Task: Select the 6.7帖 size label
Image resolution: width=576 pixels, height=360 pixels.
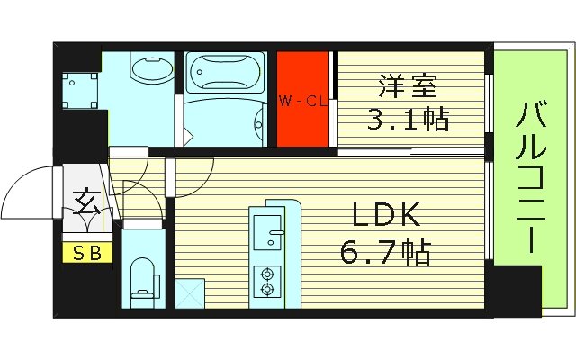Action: (x=385, y=251)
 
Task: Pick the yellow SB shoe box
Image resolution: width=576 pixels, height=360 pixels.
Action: (x=87, y=253)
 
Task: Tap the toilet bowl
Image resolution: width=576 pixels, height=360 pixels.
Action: (x=143, y=276)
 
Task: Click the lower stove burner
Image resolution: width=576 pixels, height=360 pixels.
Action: (x=266, y=289)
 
